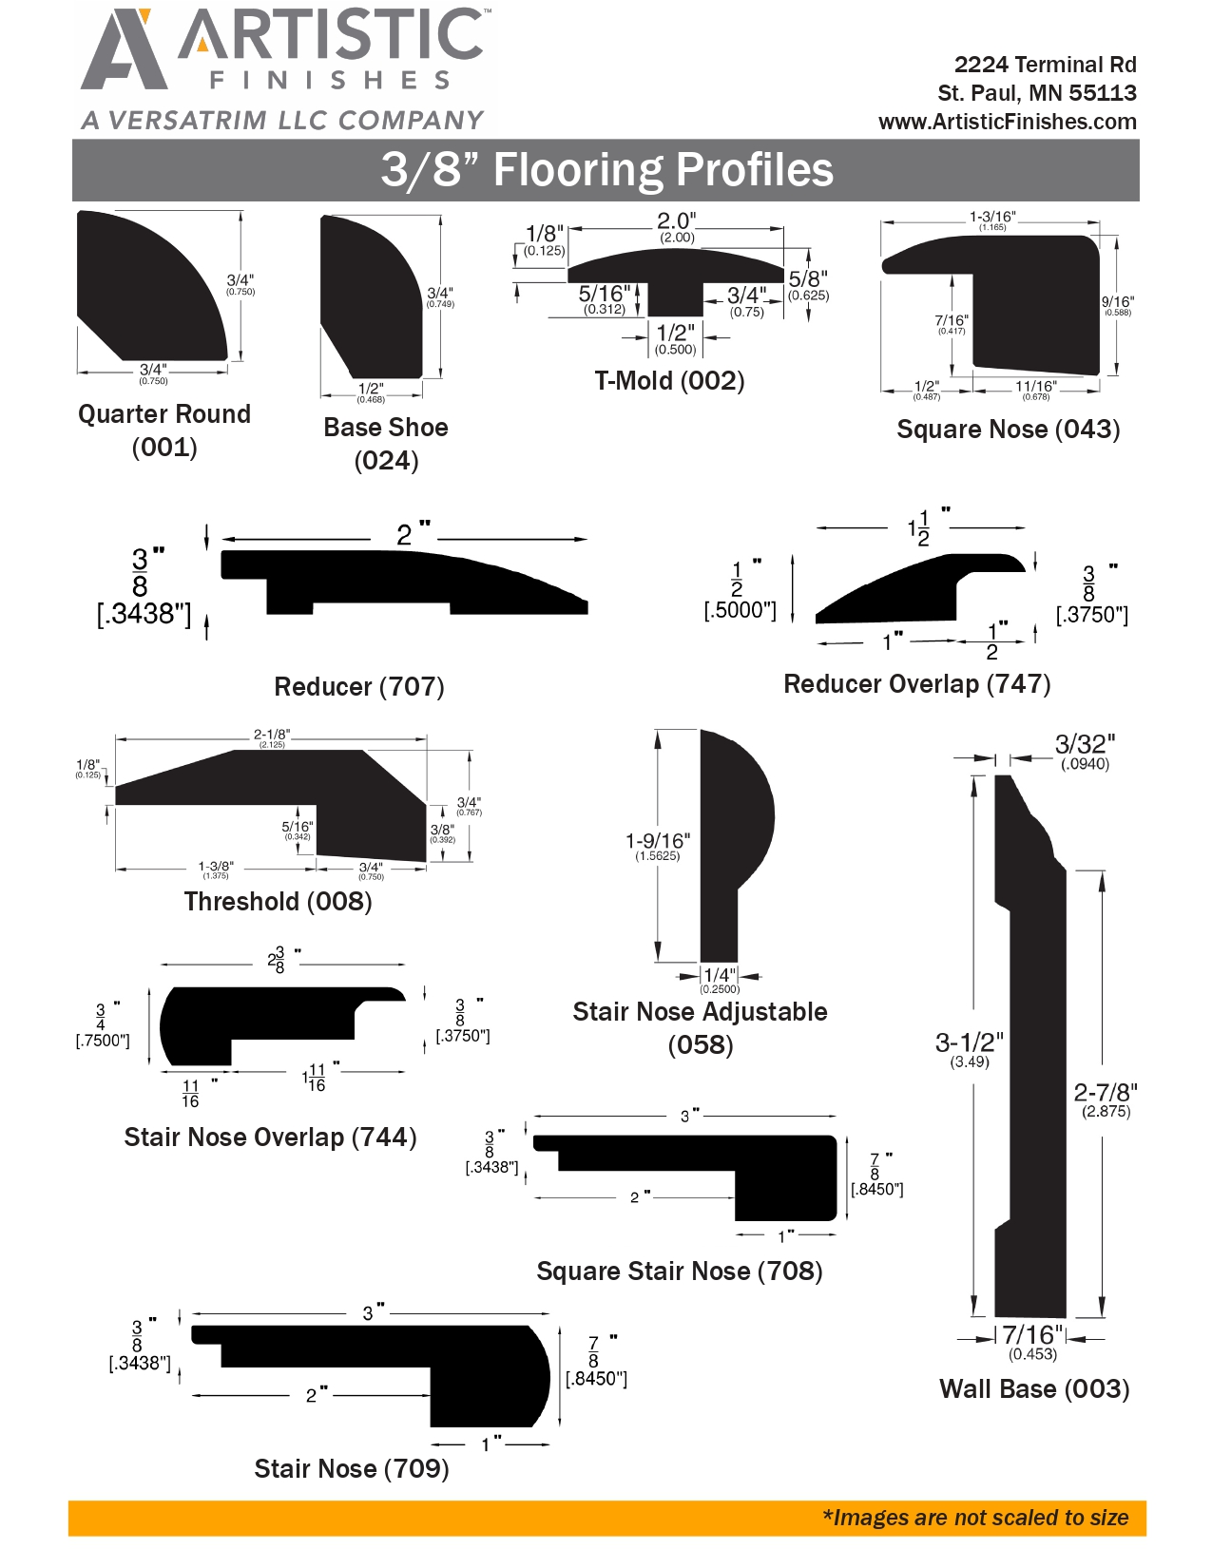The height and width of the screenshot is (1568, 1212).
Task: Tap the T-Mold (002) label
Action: point(669,380)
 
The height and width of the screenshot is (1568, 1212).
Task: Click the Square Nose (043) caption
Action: point(1008,430)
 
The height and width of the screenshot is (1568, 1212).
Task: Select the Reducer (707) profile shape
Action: point(404,582)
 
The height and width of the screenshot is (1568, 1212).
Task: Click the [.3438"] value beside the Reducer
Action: point(144,613)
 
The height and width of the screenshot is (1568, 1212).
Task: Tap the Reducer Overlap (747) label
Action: point(916,683)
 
